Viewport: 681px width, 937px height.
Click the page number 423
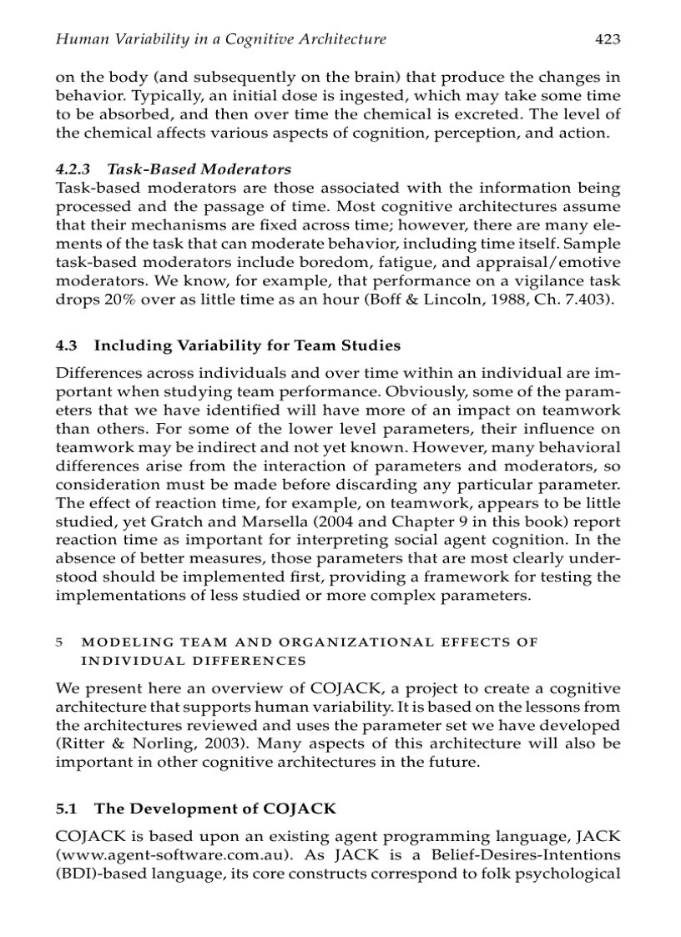coord(608,38)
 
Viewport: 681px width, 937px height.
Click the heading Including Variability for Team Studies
coord(247,345)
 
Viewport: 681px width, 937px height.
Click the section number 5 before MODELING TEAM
coord(58,642)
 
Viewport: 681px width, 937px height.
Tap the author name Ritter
coord(80,743)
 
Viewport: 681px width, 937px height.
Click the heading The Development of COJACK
coord(215,809)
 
